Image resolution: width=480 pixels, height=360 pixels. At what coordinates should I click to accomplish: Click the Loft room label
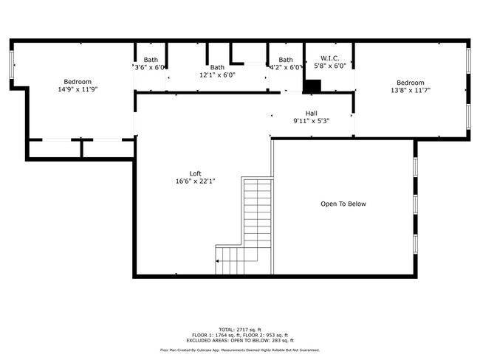[195, 173]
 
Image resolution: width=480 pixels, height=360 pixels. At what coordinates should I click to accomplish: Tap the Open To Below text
[343, 204]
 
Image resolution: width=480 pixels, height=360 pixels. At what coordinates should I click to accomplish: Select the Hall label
[311, 113]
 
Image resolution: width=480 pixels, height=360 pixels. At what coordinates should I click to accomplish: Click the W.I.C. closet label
[329, 58]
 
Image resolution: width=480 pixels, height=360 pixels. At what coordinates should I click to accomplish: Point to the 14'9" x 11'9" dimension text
[78, 89]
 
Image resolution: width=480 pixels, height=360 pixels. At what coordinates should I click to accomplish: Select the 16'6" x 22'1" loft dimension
[195, 181]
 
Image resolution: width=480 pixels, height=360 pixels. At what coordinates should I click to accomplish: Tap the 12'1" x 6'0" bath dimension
[217, 75]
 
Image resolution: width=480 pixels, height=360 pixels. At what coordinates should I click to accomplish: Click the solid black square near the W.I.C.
[313, 86]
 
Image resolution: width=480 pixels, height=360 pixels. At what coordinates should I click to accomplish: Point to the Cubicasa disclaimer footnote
[239, 350]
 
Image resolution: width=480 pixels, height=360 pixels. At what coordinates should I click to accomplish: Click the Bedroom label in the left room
[78, 81]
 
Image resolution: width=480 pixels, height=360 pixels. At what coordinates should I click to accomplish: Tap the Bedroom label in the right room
[410, 82]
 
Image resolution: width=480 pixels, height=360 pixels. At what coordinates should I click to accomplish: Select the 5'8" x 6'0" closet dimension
[329, 66]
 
